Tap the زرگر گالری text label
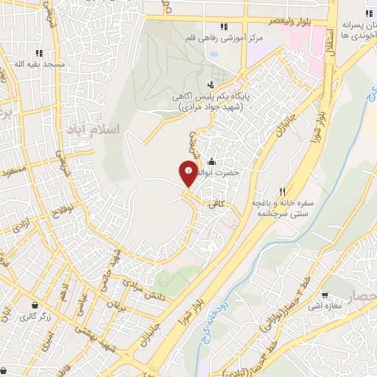33,317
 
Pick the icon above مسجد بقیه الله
38,53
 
